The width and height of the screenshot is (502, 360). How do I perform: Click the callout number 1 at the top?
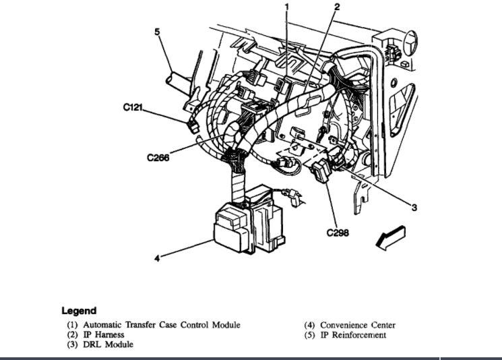pyautogui.click(x=286, y=7)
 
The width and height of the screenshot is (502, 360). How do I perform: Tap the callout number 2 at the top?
pyautogui.click(x=337, y=7)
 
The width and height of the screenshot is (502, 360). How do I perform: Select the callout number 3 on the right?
pyautogui.click(x=414, y=208)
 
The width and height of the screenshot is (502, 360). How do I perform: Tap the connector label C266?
pyautogui.click(x=158, y=160)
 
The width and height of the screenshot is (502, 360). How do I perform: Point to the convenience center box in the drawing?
pyautogui.click(x=236, y=226)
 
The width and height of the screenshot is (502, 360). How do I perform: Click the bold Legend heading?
pyautogui.click(x=79, y=311)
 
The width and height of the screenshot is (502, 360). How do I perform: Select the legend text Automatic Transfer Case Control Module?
pyautogui.click(x=161, y=325)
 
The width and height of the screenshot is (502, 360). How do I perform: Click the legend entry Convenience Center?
pyautogui.click(x=358, y=325)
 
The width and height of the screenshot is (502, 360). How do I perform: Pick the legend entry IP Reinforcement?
pyautogui.click(x=353, y=335)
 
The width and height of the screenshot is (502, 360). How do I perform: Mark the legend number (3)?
pyautogui.click(x=71, y=344)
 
